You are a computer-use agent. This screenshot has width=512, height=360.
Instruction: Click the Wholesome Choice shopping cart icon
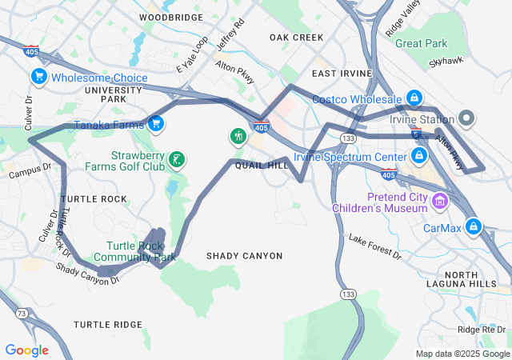(x=38, y=76)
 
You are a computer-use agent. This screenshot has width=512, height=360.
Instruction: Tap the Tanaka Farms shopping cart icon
(x=157, y=123)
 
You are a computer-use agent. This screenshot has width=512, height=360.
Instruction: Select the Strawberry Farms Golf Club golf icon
(x=176, y=160)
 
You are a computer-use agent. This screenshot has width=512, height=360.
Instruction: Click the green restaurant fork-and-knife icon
(x=238, y=137)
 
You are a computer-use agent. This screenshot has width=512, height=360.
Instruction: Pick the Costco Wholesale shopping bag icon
(x=414, y=98)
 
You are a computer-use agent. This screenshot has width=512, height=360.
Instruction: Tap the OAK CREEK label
(x=296, y=38)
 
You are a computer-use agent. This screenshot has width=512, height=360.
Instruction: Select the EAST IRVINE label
(x=342, y=74)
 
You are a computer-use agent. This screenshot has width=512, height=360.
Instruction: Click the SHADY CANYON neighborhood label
(x=244, y=256)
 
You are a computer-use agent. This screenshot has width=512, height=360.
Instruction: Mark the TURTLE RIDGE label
(x=107, y=324)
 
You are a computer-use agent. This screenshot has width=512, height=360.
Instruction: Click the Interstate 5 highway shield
(x=416, y=134)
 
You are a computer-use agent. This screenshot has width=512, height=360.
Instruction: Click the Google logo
(x=26, y=350)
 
